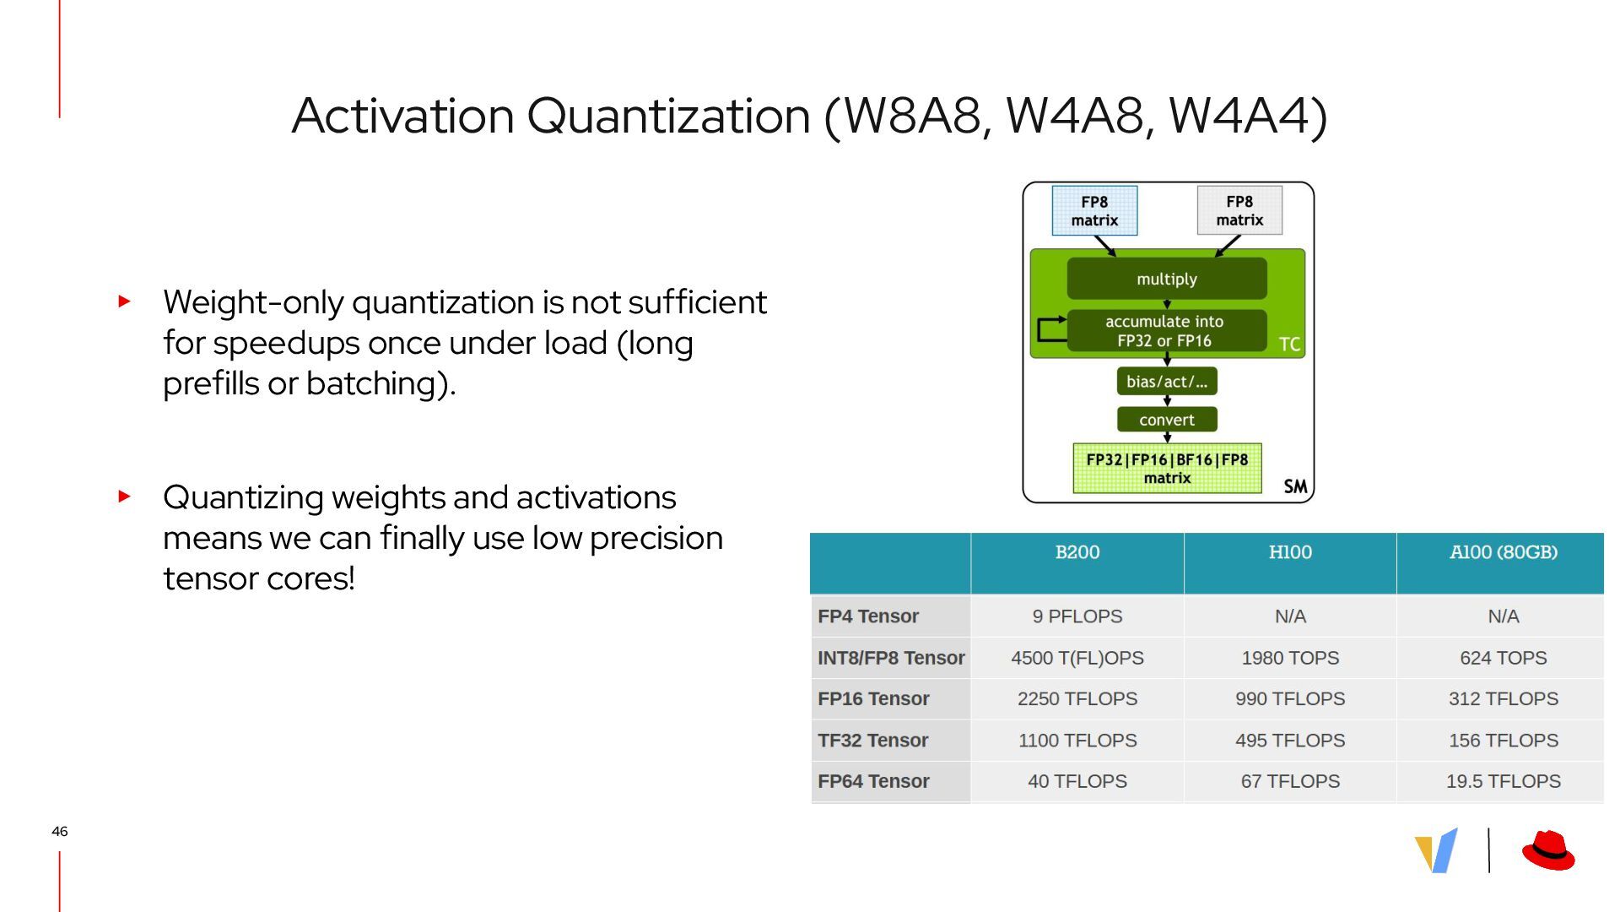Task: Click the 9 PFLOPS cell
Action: tap(1077, 616)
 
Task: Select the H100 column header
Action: tap(1290, 563)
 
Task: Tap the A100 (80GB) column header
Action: tap(1503, 563)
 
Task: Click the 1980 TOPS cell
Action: tap(1290, 658)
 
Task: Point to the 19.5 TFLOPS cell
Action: tap(1503, 781)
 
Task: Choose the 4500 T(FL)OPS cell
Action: tap(1077, 658)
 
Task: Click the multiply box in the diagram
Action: tap(1167, 279)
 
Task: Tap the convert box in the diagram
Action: tap(1167, 420)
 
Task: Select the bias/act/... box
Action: tap(1167, 382)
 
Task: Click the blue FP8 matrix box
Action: tap(1094, 211)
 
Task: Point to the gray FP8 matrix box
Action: tap(1239, 210)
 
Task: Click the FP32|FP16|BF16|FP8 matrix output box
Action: tap(1167, 468)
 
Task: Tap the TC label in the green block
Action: tap(1289, 345)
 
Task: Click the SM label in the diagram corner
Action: tap(1295, 486)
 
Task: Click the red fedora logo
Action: tap(1548, 850)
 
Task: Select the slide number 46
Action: tap(59, 832)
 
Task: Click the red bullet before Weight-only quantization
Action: tap(125, 301)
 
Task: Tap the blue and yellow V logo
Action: tap(1436, 850)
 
